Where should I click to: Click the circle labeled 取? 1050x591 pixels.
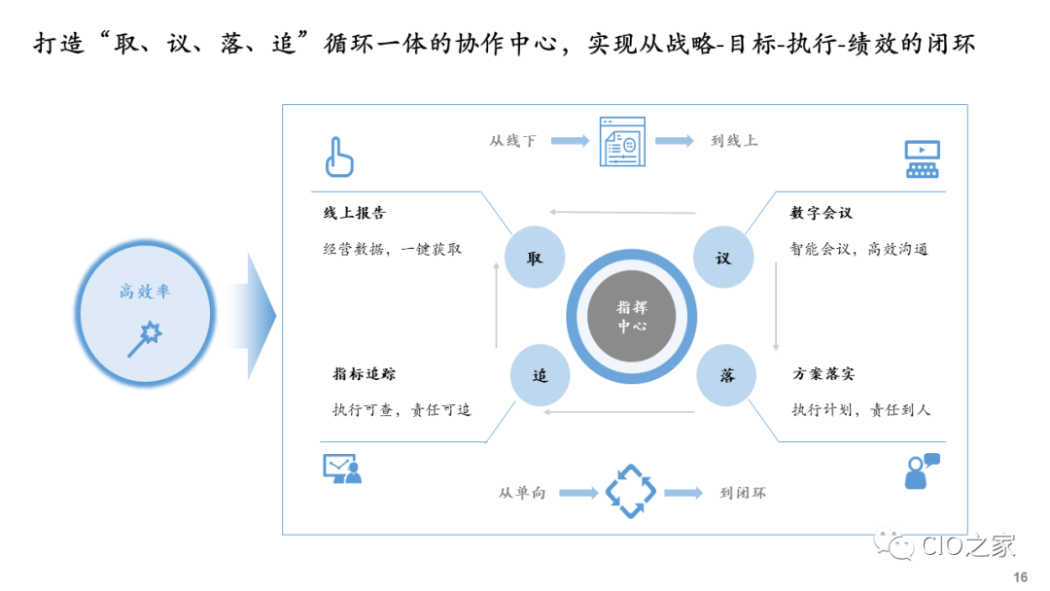[x=535, y=259]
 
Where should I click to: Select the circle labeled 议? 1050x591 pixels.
[x=722, y=259]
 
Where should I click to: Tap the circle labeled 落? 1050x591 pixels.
[x=727, y=375]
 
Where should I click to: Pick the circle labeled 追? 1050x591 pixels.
[x=540, y=375]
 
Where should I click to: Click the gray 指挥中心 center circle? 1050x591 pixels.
[x=632, y=317]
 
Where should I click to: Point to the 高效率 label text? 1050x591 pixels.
[x=146, y=291]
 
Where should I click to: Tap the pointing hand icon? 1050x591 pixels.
[x=338, y=157]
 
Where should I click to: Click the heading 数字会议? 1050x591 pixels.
[x=822, y=213]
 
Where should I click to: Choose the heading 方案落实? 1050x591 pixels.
[x=823, y=374]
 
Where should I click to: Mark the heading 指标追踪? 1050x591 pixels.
[x=364, y=374]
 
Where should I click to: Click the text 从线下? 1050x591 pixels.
[x=512, y=141]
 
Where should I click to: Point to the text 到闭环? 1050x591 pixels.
[x=743, y=493]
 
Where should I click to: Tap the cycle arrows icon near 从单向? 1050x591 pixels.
[x=631, y=492]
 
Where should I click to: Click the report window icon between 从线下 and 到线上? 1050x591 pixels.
[x=622, y=141]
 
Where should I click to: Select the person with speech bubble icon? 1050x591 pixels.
[x=921, y=471]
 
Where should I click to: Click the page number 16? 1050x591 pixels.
[x=1020, y=577]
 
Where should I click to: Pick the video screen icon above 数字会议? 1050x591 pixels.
[x=922, y=158]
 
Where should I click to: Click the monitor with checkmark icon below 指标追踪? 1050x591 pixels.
[x=341, y=469]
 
